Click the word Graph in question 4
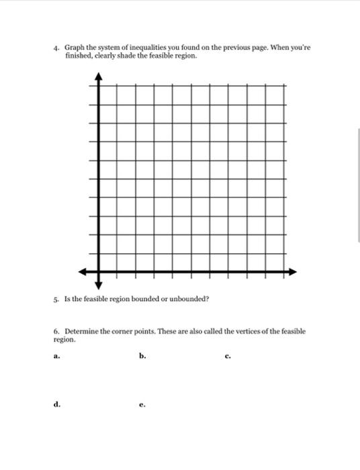(x=73, y=49)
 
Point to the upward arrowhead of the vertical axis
(x=99, y=77)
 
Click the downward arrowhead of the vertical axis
(x=99, y=284)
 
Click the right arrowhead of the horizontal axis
(x=293, y=272)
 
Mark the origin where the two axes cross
(x=99, y=272)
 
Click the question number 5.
(x=57, y=299)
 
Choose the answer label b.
(x=142, y=357)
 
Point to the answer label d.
(x=56, y=405)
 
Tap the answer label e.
(x=142, y=406)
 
